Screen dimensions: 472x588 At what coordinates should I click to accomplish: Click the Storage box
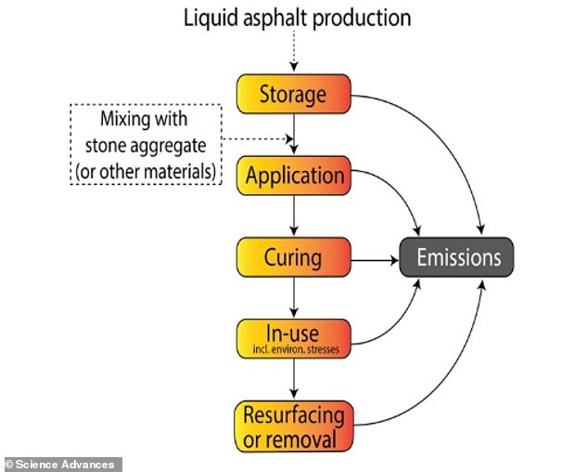(293, 94)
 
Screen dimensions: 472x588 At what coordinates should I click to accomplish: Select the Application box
(293, 176)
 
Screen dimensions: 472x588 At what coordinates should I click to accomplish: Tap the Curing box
(293, 256)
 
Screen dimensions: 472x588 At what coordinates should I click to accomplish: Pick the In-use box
(293, 337)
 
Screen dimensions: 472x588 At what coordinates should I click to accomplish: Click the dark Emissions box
(455, 257)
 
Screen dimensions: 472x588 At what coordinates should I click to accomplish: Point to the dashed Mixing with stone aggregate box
(147, 145)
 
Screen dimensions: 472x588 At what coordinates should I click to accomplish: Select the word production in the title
(356, 18)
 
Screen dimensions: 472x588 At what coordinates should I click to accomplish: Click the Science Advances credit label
(60, 464)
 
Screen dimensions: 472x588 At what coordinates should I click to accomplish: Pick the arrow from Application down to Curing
(293, 216)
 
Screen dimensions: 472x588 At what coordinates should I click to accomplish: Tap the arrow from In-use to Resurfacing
(293, 378)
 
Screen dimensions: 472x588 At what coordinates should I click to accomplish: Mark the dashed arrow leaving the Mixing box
(258, 140)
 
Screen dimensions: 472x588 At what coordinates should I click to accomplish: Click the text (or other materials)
(147, 171)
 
